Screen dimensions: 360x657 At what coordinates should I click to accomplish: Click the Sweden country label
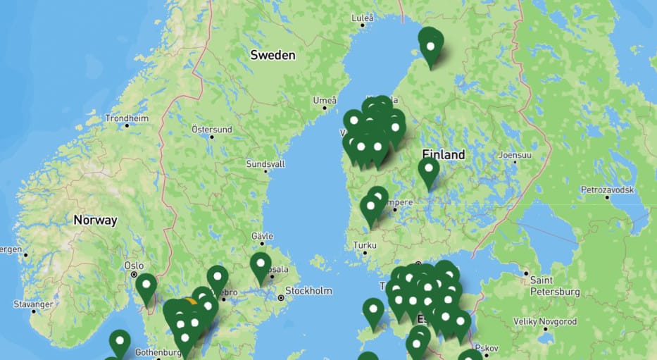coord(273,55)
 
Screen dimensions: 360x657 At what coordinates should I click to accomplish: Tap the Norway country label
coord(95,221)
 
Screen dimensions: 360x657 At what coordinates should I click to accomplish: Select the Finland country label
coord(444,154)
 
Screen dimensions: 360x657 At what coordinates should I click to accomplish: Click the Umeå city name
coord(325,100)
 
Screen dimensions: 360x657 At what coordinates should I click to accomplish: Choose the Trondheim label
coord(127,118)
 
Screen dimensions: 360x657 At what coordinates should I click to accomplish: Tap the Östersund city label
coord(211,130)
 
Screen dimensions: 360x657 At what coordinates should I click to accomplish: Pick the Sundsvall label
coord(265,163)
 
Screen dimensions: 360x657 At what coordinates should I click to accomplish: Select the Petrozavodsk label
coord(607,190)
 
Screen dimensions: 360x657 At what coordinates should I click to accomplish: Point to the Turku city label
coord(365,246)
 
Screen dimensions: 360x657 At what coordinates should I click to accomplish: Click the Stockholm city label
coord(308,290)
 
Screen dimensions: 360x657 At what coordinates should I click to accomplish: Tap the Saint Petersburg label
coord(554,286)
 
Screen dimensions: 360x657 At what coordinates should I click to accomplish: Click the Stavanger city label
coord(33,304)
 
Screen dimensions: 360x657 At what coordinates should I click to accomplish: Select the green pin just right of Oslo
coord(146,287)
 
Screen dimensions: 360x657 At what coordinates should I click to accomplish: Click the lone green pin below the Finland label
coord(428,170)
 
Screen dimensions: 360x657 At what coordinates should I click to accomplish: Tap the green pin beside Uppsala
coord(261,266)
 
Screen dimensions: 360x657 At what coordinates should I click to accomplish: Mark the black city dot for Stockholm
coord(281,298)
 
